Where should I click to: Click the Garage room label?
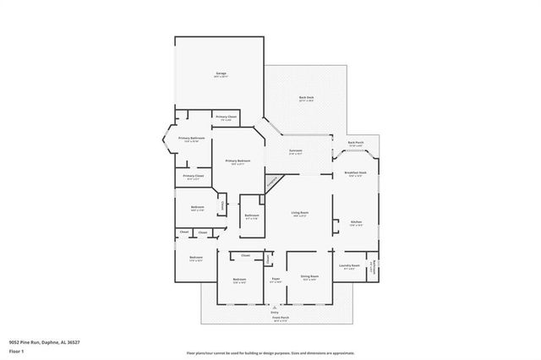coord(220,75)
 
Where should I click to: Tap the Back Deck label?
coord(305,99)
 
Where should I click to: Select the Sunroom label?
coord(296,152)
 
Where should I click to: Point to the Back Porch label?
coord(356,144)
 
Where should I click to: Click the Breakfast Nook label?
coord(354,174)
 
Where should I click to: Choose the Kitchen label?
coord(357,223)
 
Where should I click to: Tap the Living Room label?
coord(299,214)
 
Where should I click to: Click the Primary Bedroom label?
coord(238,161)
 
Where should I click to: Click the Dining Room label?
coord(309,277)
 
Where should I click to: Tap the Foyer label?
coord(276,279)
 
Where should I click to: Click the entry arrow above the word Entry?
coord(275,307)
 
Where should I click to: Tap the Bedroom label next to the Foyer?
coord(239,280)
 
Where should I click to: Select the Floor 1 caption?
coord(17,348)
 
